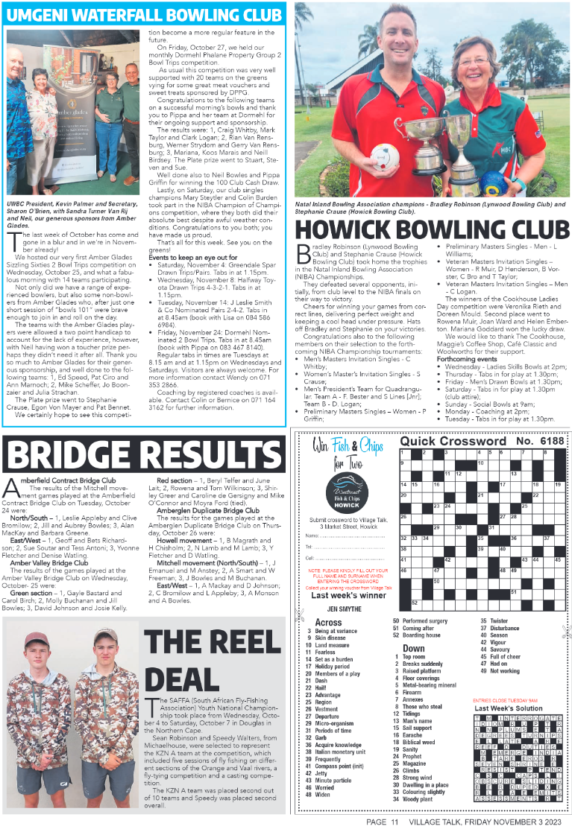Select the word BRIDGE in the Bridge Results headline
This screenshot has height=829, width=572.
pyautogui.click(x=75, y=454)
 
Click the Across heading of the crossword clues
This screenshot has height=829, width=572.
pyautogui.click(x=328, y=622)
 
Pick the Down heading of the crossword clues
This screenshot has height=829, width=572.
pyautogui.click(x=413, y=648)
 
